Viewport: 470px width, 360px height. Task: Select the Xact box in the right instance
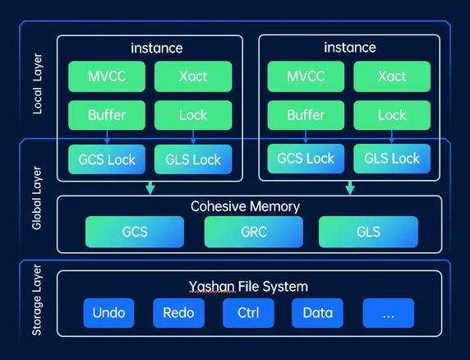tap(392, 76)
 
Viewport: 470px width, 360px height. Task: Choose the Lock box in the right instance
tap(392, 115)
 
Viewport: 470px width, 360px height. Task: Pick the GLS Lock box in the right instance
tap(392, 158)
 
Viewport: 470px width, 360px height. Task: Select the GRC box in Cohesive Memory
tap(253, 232)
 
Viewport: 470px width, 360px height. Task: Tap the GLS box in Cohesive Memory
tap(368, 232)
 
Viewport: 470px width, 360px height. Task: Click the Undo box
tap(108, 313)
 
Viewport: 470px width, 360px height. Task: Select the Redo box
tap(178, 313)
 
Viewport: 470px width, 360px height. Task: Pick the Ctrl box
tap(248, 313)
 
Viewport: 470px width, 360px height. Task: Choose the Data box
tap(317, 313)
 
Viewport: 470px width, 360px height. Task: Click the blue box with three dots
tap(389, 313)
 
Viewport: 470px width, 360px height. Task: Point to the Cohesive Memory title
tap(245, 206)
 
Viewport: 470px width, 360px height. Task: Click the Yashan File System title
tap(248, 286)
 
